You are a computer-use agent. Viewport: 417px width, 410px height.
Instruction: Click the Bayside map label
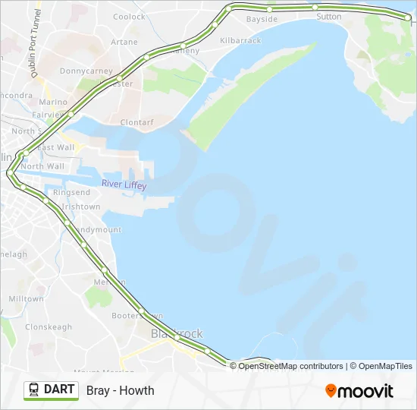click(262, 19)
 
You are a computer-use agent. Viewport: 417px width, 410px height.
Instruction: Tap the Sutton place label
click(329, 16)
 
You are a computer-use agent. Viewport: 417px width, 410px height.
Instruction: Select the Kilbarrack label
click(240, 40)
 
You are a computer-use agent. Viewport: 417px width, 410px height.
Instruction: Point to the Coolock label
click(129, 17)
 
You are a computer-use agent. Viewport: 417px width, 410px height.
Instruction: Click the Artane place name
click(124, 42)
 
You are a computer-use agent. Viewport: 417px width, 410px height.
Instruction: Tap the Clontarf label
click(136, 121)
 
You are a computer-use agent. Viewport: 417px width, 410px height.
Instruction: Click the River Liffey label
click(125, 184)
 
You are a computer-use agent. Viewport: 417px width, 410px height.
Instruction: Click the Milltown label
click(27, 299)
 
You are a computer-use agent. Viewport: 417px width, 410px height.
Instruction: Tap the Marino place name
click(53, 102)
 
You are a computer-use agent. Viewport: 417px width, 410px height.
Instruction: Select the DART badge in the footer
click(52, 390)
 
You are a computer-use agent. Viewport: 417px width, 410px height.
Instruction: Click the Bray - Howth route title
click(121, 390)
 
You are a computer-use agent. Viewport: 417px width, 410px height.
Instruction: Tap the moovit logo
click(359, 391)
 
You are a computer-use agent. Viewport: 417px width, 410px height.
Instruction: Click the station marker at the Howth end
click(408, 17)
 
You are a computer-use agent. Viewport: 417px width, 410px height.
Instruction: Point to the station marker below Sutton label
click(314, 7)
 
